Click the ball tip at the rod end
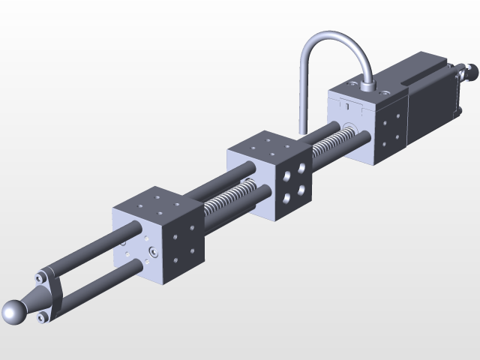tap(14, 313)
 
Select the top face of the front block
tap(155, 204)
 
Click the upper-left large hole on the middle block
tap(287, 176)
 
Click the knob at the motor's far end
tap(472, 72)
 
